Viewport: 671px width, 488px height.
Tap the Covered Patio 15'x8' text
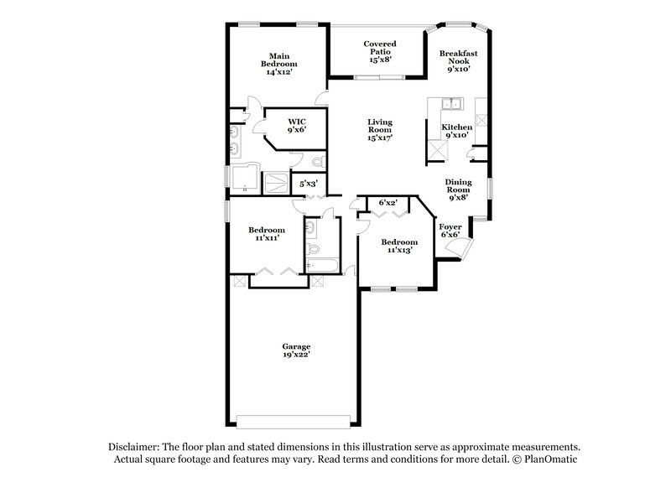coord(380,51)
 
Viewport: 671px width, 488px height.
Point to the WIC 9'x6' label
coord(296,126)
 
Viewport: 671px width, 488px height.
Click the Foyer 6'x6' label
coord(450,230)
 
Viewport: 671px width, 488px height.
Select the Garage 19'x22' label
coord(296,350)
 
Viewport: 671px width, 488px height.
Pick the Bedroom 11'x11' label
coord(266,233)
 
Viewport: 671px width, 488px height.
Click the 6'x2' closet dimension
coord(388,203)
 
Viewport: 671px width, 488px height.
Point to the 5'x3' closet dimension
coord(309,184)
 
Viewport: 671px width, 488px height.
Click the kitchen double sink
coord(450,105)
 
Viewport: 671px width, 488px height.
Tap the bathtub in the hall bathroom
coord(322,266)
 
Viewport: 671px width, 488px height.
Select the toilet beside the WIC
coord(317,162)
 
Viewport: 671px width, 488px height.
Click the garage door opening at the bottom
coord(290,421)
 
